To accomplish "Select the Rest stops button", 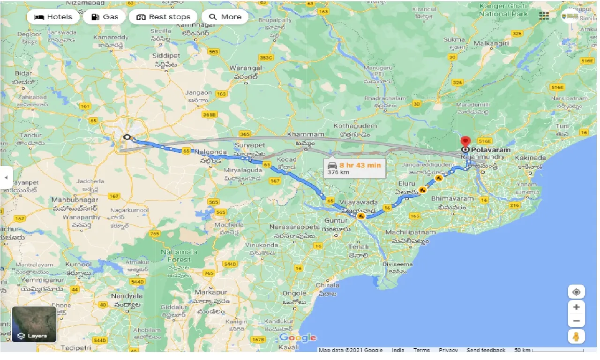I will point(163,17).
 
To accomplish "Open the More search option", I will point(225,17).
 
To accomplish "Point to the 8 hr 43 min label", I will point(360,165).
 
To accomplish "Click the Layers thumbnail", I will point(34,324).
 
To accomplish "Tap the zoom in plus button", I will point(576,307).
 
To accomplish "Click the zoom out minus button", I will point(576,321).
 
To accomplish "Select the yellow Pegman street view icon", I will point(576,337).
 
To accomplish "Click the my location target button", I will point(576,292).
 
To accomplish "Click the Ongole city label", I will point(294,293).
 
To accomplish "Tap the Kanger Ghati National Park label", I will point(506,10).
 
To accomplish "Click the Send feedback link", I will point(486,350).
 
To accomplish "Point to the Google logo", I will point(298,337).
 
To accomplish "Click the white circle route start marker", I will point(127,137).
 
